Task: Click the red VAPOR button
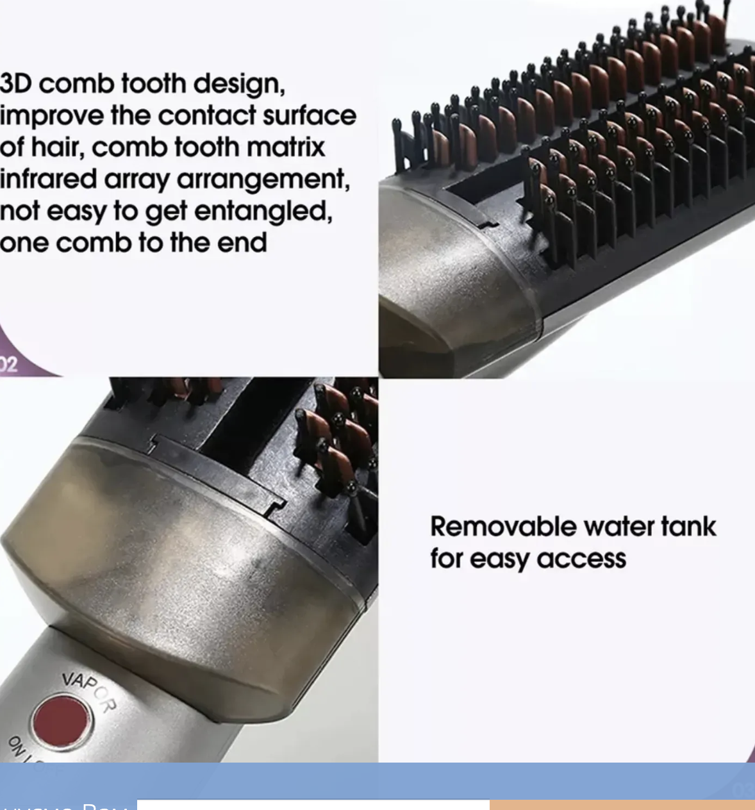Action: pyautogui.click(x=63, y=721)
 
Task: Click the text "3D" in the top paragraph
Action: pyautogui.click(x=15, y=84)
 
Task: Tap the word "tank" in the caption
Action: pyautogui.click(x=688, y=527)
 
